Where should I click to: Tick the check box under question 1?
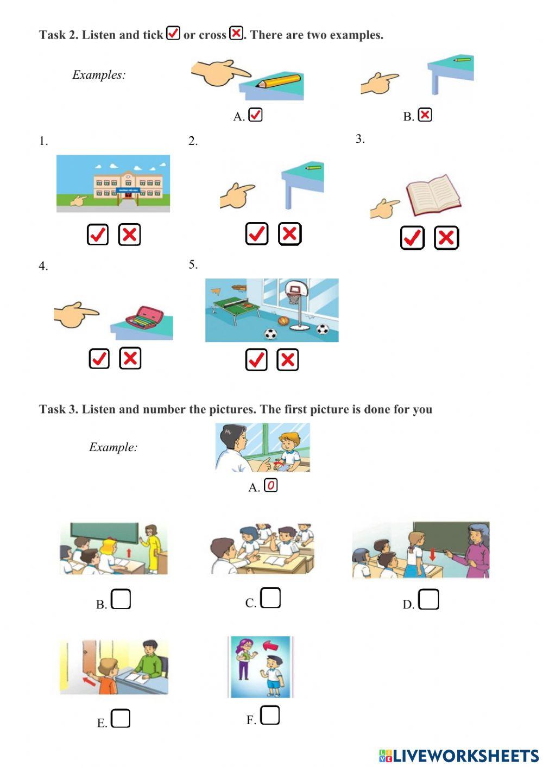point(98,234)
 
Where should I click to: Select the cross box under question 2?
point(289,234)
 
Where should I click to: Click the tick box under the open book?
point(412,238)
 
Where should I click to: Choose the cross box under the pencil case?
point(130,358)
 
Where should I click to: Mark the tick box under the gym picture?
point(256,359)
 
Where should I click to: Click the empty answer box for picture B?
point(121,599)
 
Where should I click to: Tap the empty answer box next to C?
point(270,598)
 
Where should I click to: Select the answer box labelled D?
point(428,599)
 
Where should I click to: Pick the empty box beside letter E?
point(121,718)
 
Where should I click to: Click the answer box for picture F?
point(270,715)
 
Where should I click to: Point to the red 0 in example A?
point(270,485)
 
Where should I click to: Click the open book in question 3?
point(434,195)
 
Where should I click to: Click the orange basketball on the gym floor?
point(283,321)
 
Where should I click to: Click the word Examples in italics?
point(99,75)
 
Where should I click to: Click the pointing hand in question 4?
point(76,314)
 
